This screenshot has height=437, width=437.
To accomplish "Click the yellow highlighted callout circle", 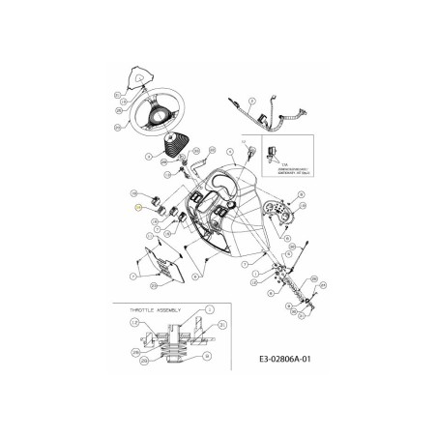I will [x=137, y=208].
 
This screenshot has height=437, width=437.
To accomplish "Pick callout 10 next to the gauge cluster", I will [x=300, y=195].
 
